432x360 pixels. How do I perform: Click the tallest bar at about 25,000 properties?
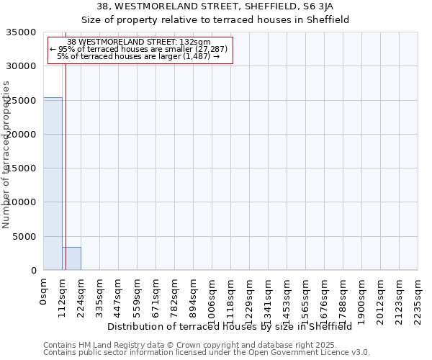click(53, 184)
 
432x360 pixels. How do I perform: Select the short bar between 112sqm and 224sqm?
click(71, 258)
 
